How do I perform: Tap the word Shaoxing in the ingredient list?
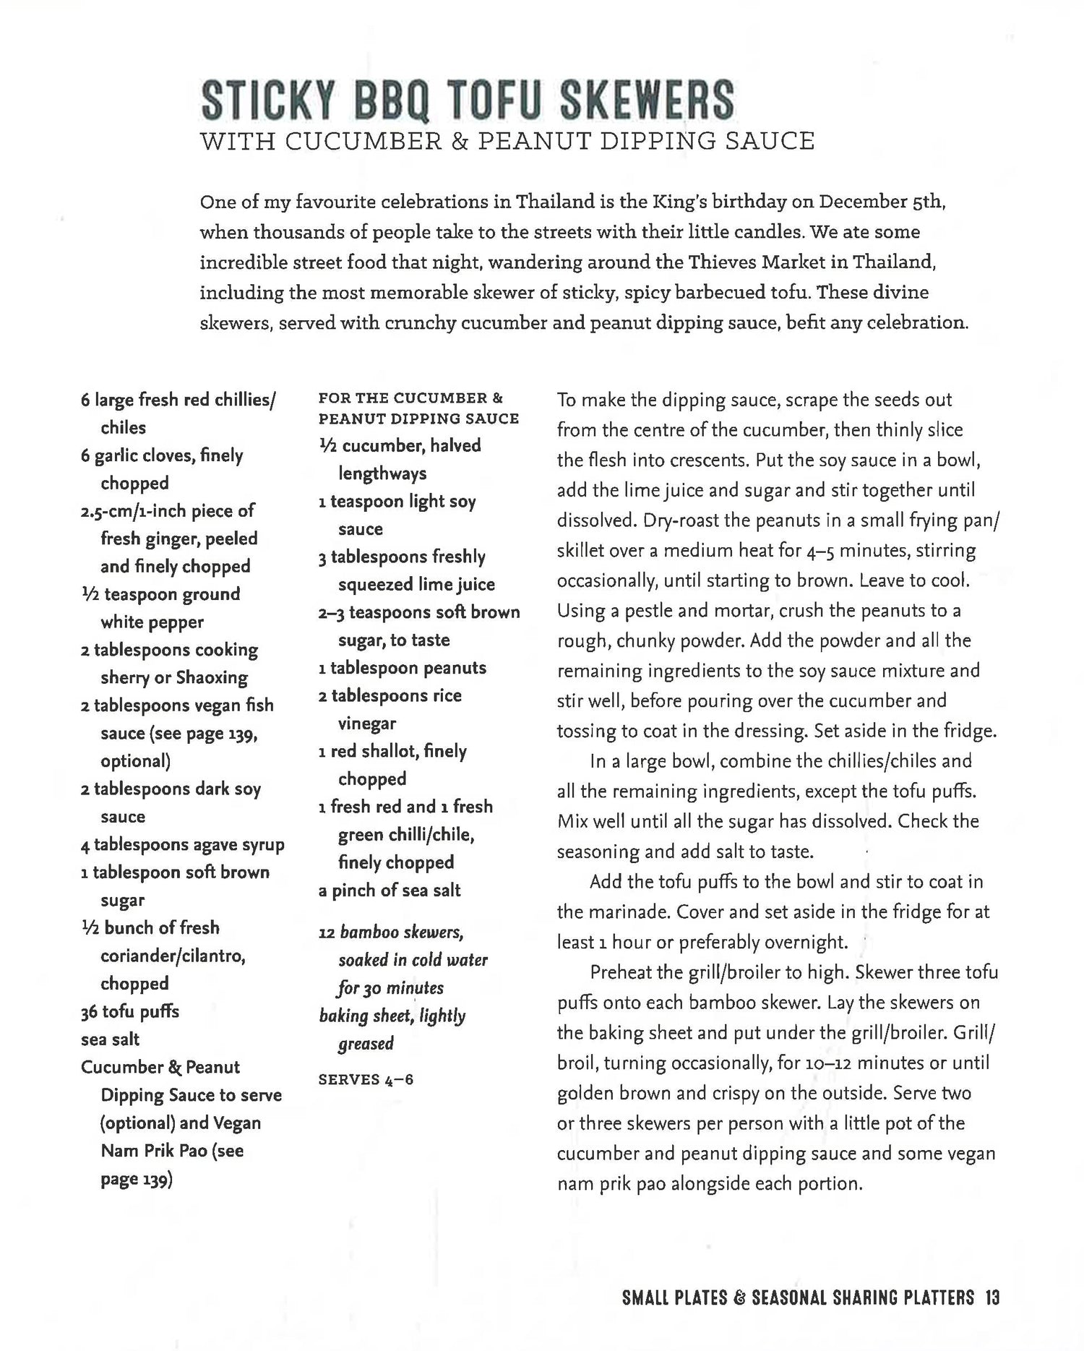pyautogui.click(x=212, y=678)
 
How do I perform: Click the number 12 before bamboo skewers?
pyautogui.click(x=327, y=933)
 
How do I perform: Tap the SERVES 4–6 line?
pyautogui.click(x=366, y=1080)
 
